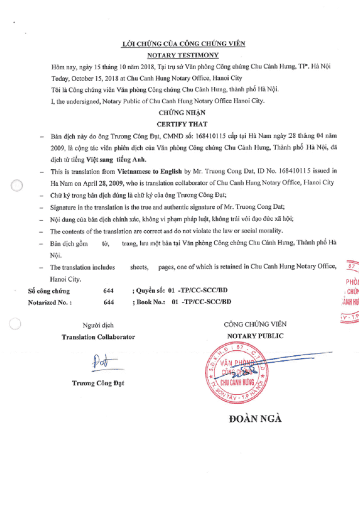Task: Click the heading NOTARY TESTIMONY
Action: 183,55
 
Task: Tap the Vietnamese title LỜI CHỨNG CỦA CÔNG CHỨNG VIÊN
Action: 183,43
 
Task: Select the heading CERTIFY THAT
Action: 182,124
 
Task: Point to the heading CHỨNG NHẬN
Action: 182,113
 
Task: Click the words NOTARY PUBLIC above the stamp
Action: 255,336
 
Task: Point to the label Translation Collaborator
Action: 98,337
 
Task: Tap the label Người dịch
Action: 98,326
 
